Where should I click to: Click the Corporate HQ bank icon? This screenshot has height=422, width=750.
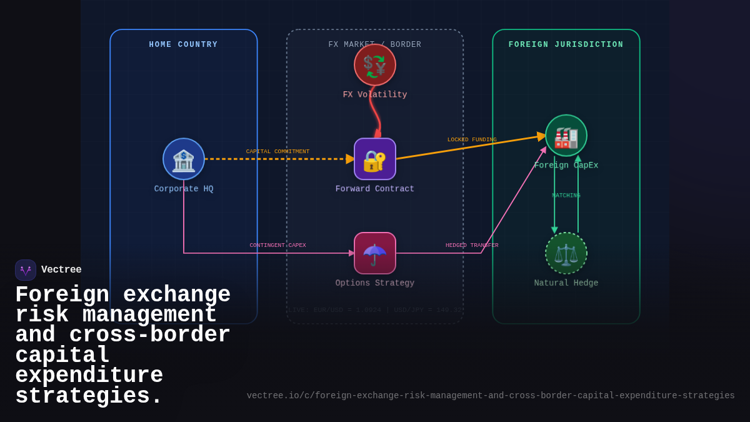click(x=184, y=159)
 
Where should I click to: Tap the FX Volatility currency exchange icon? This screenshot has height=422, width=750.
click(x=375, y=65)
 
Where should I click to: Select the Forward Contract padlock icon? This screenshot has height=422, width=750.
click(x=375, y=159)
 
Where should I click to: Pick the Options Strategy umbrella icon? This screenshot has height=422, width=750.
click(x=375, y=253)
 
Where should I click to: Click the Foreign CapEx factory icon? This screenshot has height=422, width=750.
click(x=566, y=136)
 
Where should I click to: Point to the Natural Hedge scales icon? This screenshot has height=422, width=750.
click(x=566, y=253)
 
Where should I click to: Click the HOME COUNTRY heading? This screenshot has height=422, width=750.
click(x=184, y=45)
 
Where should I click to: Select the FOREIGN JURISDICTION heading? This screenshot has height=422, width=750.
click(x=566, y=45)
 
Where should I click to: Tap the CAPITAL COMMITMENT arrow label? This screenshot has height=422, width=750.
click(x=277, y=151)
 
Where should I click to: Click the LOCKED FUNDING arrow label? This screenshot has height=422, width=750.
click(x=472, y=140)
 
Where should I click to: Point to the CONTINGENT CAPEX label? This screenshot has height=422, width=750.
click(x=277, y=245)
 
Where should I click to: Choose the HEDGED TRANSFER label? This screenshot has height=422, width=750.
click(x=472, y=245)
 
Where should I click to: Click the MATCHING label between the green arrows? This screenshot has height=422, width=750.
click(x=566, y=196)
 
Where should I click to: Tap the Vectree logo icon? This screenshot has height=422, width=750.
click(x=26, y=270)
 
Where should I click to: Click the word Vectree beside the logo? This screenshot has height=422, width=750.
click(x=61, y=270)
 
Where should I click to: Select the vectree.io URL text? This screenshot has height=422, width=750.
click(x=491, y=396)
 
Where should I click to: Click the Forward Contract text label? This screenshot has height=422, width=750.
click(x=375, y=189)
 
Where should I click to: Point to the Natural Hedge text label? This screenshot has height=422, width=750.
click(x=566, y=283)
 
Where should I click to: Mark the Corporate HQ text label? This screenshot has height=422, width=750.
click(x=184, y=189)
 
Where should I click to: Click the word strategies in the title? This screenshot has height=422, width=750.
click(x=87, y=396)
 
